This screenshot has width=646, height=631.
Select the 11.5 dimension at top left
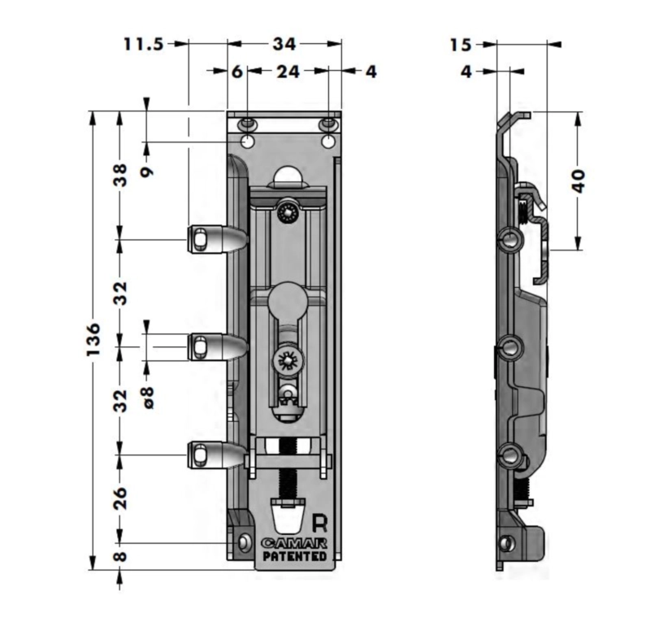click(144, 44)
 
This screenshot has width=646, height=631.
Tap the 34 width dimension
click(284, 44)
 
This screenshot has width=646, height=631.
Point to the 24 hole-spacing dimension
click(288, 72)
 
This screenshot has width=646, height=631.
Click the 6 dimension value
click(237, 72)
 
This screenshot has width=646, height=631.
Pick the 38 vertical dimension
click(120, 175)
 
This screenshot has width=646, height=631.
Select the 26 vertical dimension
click(120, 498)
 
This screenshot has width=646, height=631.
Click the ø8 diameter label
click(148, 398)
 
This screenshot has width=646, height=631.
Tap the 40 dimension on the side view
click(579, 181)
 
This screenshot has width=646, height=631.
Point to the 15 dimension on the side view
click(460, 45)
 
